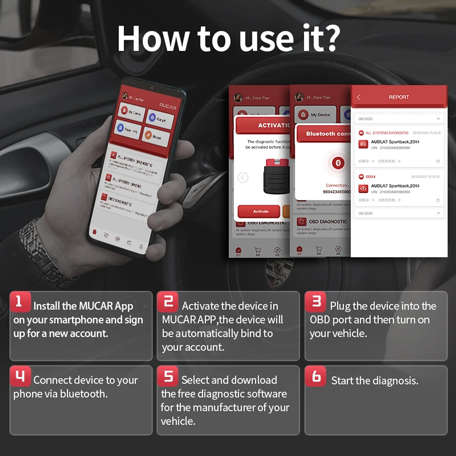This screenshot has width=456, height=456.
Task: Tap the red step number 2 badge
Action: [168, 302]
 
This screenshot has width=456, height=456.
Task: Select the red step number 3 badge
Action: [316, 302]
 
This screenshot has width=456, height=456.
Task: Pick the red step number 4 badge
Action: [20, 376]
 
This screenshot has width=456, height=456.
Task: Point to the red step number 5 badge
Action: [168, 376]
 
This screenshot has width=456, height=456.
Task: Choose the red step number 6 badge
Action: [316, 376]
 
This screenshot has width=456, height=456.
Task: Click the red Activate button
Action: [260, 211]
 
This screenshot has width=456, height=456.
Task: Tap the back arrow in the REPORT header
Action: [358, 97]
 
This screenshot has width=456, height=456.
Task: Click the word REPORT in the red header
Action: [399, 97]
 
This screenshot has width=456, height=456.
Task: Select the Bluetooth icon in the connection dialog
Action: [338, 163]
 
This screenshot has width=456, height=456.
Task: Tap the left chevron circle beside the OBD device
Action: [243, 178]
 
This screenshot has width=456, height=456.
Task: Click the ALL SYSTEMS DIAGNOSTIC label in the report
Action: [387, 133]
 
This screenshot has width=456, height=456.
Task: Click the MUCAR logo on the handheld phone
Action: [168, 107]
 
